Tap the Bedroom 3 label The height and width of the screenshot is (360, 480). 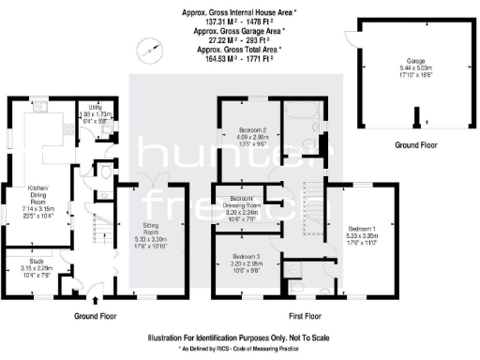tap(246, 260)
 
